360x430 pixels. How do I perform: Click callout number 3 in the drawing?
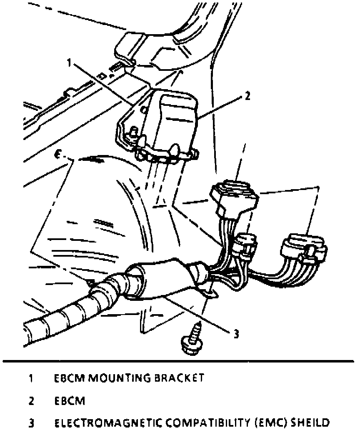click(236, 333)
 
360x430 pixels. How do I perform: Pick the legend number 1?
click(31, 378)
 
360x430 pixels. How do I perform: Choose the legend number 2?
click(31, 400)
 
